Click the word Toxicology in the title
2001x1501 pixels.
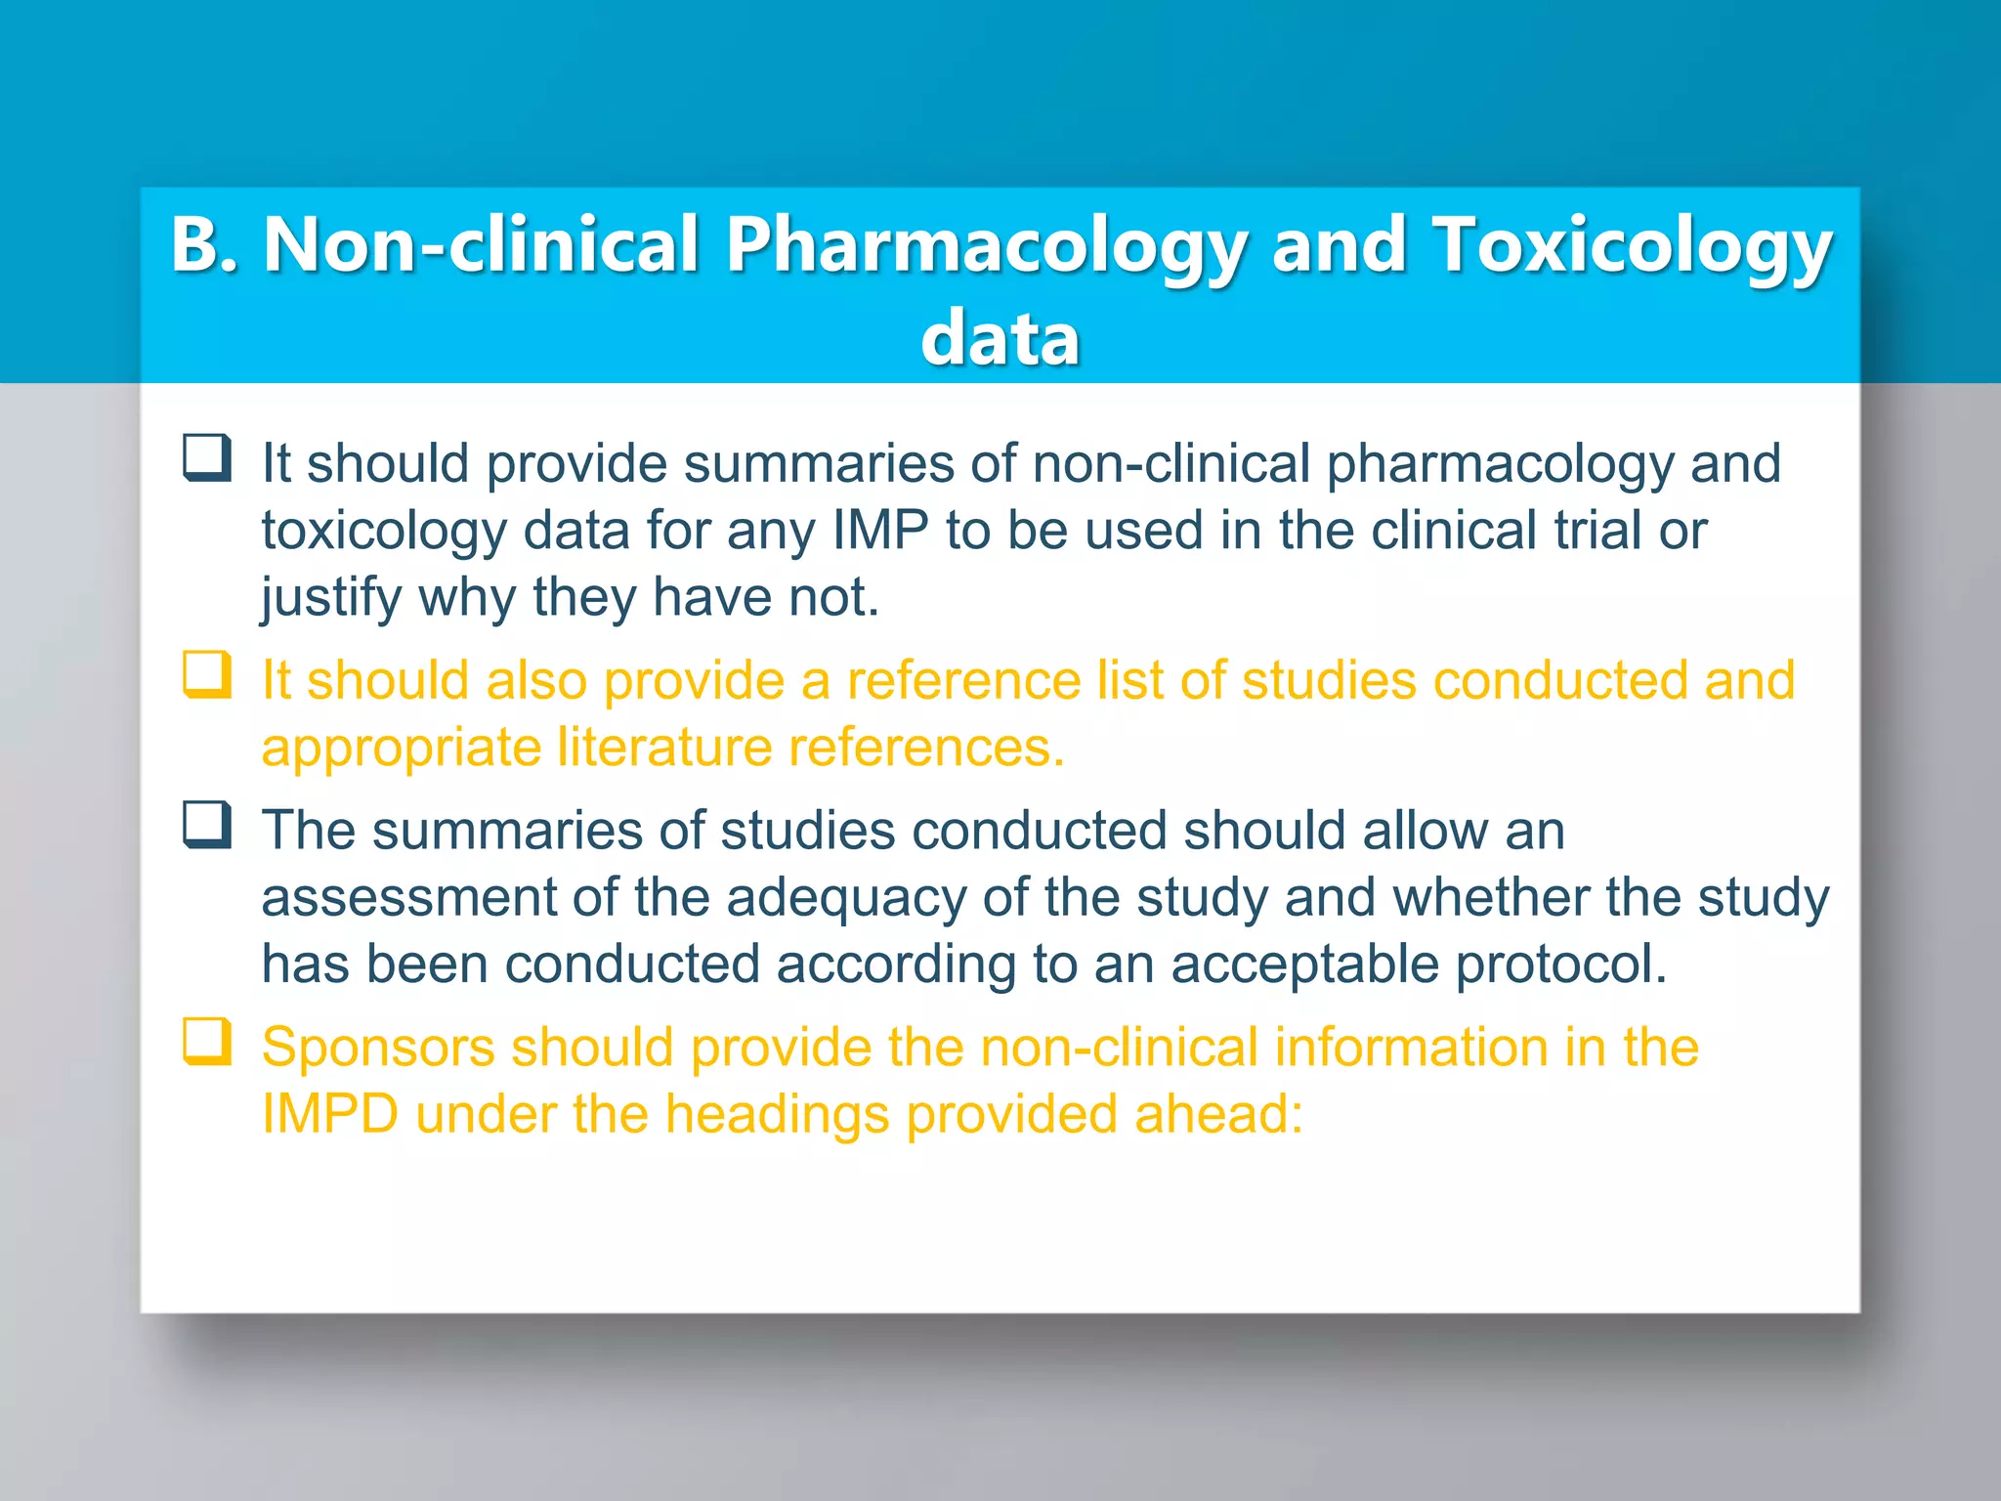(x=1632, y=246)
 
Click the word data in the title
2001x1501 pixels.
(x=1000, y=338)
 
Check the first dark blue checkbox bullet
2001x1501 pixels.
(x=207, y=458)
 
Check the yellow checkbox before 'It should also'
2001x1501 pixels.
(x=207, y=675)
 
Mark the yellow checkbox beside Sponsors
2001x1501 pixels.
(x=207, y=1043)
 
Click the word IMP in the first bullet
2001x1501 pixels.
(x=879, y=531)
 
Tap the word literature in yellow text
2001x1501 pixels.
(x=664, y=748)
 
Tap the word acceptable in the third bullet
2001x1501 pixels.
(x=1304, y=965)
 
